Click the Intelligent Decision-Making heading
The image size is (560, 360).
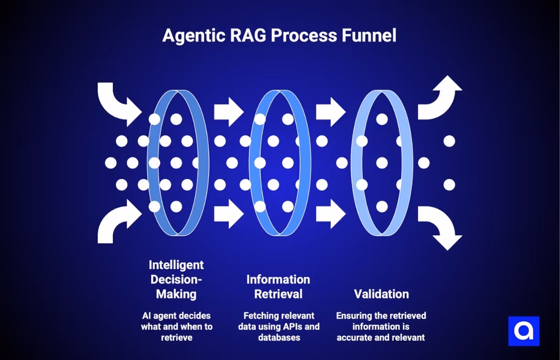pyautogui.click(x=176, y=279)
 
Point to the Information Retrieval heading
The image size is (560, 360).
pyautogui.click(x=278, y=286)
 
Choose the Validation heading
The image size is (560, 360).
pyautogui.click(x=381, y=294)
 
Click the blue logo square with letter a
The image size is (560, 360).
pyautogui.click(x=524, y=331)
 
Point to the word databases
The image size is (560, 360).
pyautogui.click(x=279, y=338)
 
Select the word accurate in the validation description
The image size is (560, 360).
pyautogui.click(x=355, y=338)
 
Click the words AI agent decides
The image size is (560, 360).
pyautogui.click(x=176, y=316)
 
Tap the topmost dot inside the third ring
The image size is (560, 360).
pyautogui.click(x=382, y=119)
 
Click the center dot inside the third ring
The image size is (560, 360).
pyautogui.click(x=382, y=163)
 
